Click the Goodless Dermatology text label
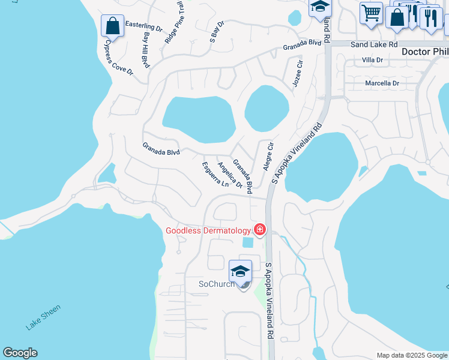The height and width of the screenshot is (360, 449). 208,231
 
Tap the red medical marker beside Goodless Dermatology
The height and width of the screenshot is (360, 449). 260,230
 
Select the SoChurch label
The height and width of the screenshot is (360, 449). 217,284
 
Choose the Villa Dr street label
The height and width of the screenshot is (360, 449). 373,60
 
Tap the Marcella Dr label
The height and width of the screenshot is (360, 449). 382,83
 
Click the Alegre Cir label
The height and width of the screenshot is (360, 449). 268,157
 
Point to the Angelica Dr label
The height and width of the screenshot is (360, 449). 229,175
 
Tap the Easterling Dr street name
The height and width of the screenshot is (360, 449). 144,28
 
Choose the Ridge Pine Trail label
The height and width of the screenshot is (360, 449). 174,22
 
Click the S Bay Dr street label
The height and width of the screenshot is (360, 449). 216,32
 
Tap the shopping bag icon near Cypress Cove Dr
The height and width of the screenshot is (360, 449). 112,26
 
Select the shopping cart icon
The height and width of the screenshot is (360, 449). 372,12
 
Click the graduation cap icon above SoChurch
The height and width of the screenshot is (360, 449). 240,271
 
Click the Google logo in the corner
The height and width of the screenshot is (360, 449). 20,353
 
